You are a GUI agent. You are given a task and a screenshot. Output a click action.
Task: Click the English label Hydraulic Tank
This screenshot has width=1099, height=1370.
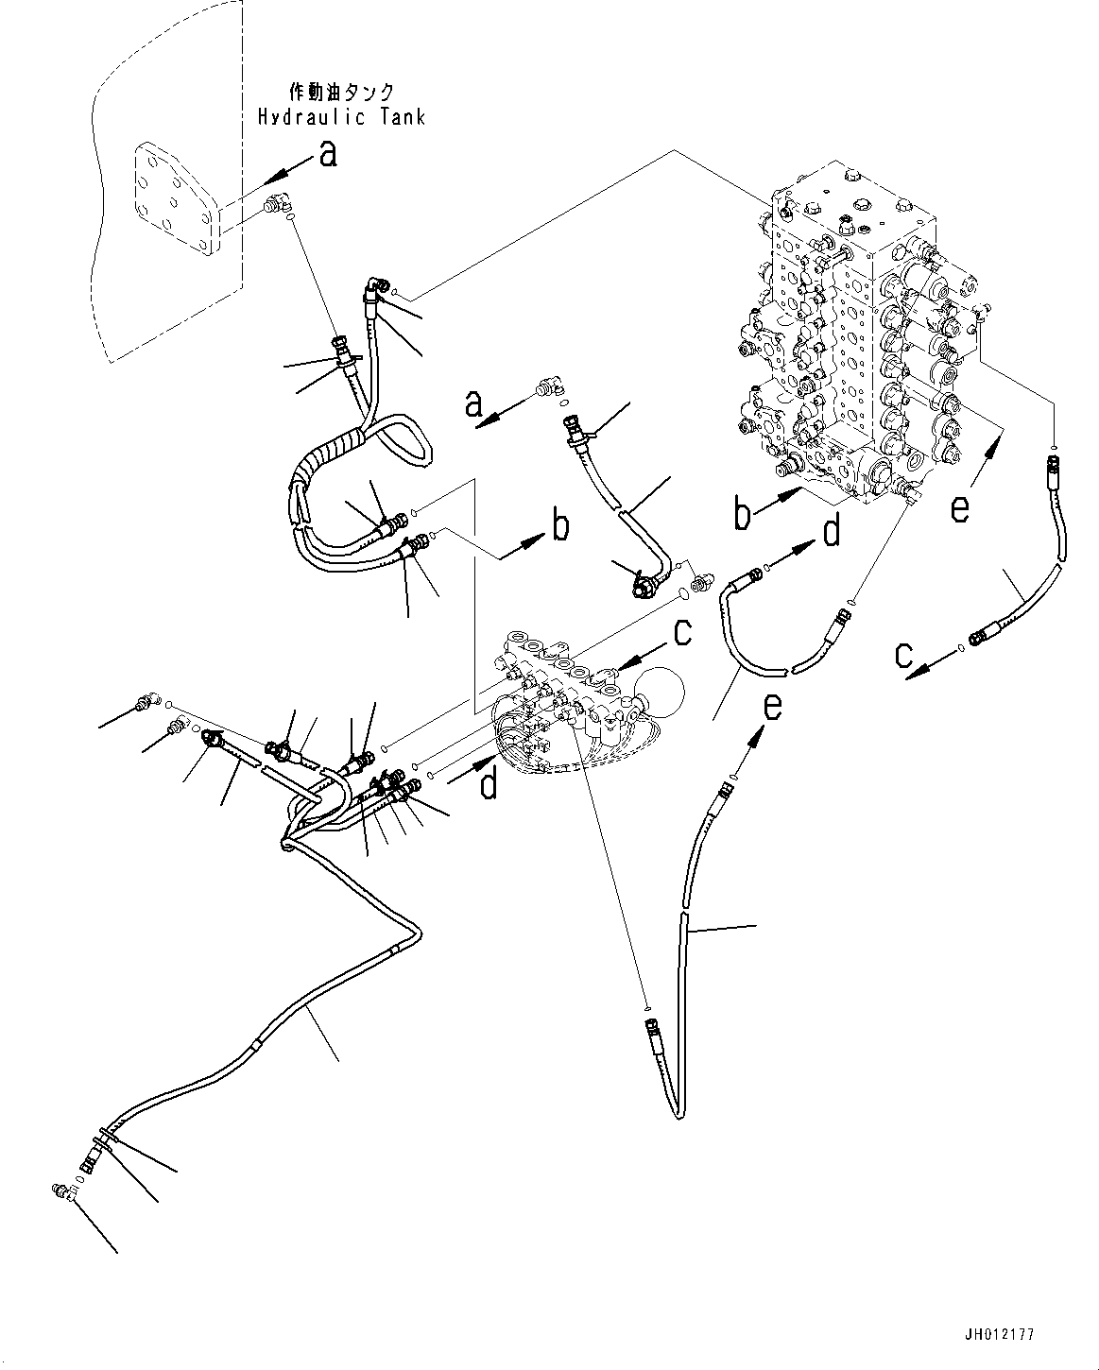(x=341, y=116)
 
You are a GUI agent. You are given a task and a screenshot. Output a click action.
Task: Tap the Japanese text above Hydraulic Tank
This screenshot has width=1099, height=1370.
(x=341, y=93)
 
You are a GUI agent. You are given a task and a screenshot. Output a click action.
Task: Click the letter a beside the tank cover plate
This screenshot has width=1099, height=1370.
(x=328, y=153)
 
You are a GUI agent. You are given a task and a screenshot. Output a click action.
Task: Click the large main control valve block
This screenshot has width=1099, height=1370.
(x=855, y=340)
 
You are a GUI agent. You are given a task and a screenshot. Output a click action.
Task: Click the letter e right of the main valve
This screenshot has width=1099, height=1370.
(x=960, y=508)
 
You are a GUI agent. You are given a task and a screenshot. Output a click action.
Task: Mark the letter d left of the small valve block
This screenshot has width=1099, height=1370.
(x=488, y=783)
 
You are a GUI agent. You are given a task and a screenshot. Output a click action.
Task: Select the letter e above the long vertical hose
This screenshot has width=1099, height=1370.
(x=773, y=706)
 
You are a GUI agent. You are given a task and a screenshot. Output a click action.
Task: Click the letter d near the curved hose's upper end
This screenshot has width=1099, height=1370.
(x=831, y=532)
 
